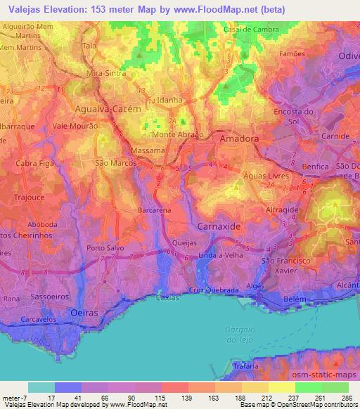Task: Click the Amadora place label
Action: (x=239, y=139)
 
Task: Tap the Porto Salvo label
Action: (x=104, y=248)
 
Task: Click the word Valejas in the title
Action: (x=24, y=9)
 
